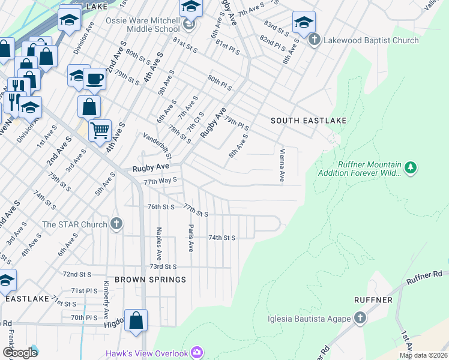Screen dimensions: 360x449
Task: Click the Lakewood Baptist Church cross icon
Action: [314, 40]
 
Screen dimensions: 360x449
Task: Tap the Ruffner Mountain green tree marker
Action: [411, 167]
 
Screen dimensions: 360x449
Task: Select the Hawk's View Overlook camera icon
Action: [196, 353]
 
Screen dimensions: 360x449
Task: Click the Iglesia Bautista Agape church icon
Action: [360, 318]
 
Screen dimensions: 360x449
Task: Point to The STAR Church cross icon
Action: [116, 224]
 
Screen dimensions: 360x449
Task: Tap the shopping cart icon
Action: [100, 130]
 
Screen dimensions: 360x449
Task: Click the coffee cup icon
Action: [94, 79]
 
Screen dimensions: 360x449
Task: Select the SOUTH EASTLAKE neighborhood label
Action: [309, 121]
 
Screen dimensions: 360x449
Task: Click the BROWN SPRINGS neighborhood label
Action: [150, 280]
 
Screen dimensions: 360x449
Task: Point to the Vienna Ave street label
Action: [282, 166]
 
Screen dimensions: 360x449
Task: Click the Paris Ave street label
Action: [191, 238]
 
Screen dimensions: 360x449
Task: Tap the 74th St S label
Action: [221, 238]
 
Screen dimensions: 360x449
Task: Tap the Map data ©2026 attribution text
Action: [423, 355]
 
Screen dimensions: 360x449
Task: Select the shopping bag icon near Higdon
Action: [136, 321]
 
